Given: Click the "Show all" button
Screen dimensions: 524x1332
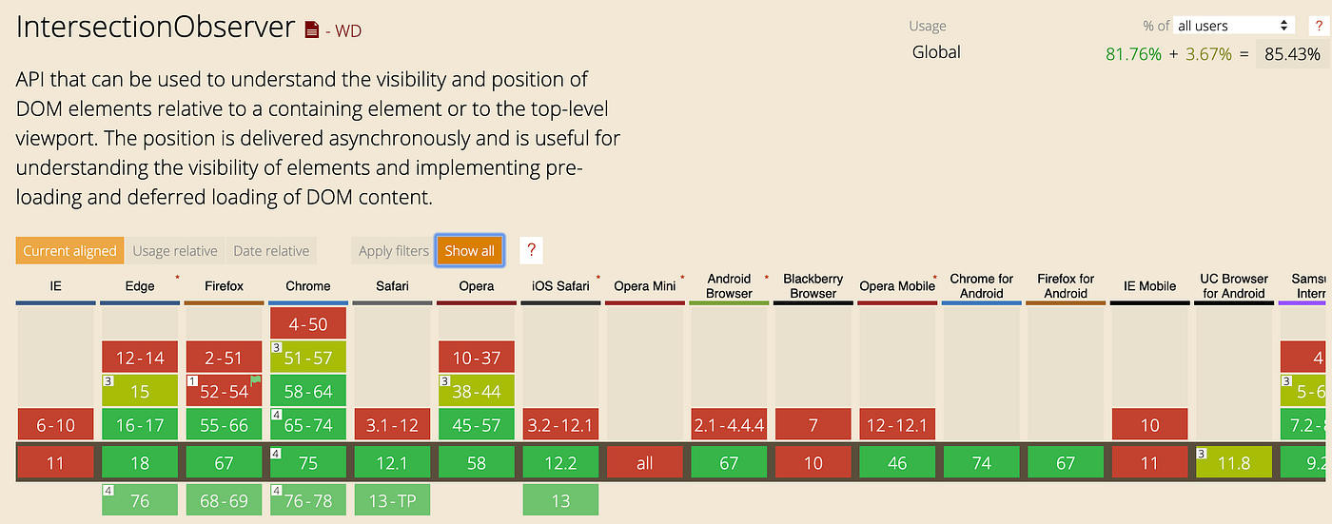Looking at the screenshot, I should point(469,251).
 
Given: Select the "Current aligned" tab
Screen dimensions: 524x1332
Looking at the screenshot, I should point(69,251).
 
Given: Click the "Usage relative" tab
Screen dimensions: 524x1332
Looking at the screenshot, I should point(175,251).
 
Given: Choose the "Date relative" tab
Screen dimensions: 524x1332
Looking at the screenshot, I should point(271,251).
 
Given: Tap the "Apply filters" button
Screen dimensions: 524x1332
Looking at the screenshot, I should point(393,251).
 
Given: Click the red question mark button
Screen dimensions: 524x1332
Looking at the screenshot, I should point(532,251).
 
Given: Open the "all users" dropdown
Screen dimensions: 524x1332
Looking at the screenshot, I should point(1234,26).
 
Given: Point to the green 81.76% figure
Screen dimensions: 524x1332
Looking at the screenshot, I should point(1133,54).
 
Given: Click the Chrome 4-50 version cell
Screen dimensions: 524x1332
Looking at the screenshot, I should point(308,323).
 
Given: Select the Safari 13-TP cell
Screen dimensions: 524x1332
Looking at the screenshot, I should point(392,500).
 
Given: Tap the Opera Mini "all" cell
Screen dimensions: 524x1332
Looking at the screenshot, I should point(644,463).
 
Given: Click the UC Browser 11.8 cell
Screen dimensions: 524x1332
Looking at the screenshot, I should point(1233,463).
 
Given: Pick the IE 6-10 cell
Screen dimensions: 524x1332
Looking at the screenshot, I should point(55,425).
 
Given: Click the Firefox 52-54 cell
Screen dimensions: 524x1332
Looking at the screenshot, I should point(224,391).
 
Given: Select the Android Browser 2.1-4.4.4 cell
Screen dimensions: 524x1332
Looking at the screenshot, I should point(729,425).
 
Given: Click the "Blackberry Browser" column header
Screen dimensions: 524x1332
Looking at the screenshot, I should point(813,285).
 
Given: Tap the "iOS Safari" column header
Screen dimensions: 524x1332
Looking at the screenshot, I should point(560,285).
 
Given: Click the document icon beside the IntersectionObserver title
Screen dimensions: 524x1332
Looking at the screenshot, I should point(312,30).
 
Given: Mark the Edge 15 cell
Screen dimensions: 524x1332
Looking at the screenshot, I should point(140,391).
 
